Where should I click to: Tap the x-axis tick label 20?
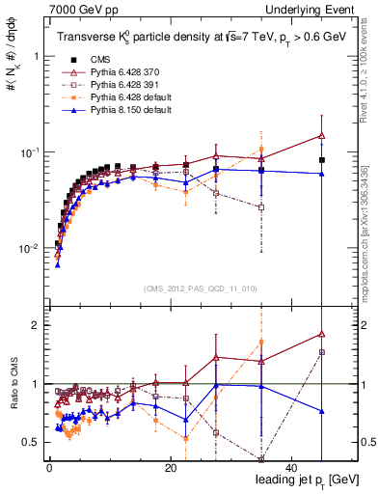point(170,468)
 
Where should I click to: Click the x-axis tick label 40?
point(291,468)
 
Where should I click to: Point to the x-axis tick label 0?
point(48,468)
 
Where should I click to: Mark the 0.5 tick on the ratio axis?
point(32,443)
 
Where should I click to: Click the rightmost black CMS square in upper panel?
point(322,160)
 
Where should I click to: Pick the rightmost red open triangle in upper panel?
point(322,136)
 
